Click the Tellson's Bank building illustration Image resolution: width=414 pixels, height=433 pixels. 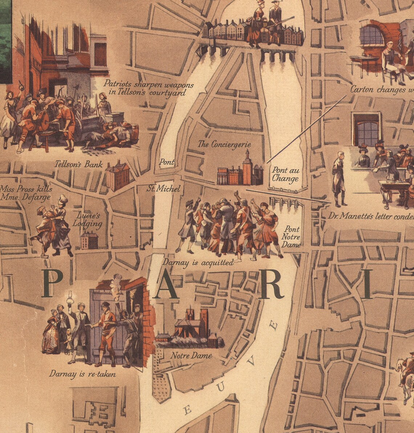pos(118,176)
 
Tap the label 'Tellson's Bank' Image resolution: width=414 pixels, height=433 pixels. pos(78,164)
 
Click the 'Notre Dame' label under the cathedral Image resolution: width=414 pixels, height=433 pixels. pos(191,356)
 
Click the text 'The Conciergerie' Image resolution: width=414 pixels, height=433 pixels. pos(224,144)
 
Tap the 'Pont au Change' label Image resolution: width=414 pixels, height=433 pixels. pos(285,175)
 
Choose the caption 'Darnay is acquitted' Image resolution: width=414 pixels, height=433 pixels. pos(198,262)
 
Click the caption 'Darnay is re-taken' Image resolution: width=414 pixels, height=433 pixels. pos(83,373)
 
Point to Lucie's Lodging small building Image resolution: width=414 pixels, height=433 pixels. pos(89,241)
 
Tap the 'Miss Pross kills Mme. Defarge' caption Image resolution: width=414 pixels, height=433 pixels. pos(26,193)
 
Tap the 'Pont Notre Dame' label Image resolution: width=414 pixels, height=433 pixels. pos(292,237)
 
